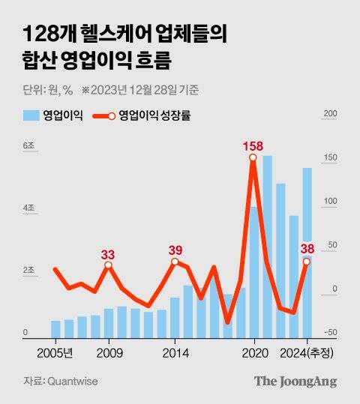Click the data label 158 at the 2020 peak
253,145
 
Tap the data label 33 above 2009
109,254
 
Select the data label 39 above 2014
175,250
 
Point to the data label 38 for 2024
307,248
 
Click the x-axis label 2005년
55,352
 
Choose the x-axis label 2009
109,352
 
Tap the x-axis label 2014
175,352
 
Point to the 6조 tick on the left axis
28,145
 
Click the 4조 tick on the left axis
28,207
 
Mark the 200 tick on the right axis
328,114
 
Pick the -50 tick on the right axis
330,333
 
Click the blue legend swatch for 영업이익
31,115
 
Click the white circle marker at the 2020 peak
253,157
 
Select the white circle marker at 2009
109,265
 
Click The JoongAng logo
294,382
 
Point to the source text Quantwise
72,382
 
